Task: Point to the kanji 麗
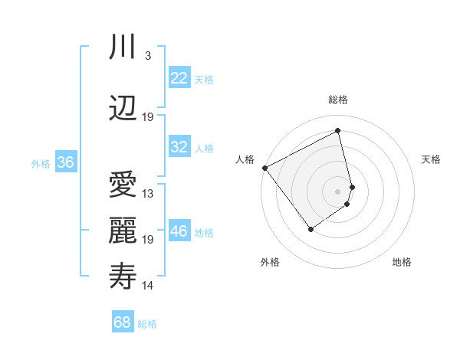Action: coord(123,231)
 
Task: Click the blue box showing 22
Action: coord(179,78)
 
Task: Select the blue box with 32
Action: coord(179,147)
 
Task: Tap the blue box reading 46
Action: coord(179,231)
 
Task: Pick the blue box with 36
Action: coord(66,162)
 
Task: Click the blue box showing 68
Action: coord(123,322)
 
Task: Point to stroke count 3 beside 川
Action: coord(147,56)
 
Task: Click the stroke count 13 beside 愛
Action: coord(148,194)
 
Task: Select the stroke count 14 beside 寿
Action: coord(148,286)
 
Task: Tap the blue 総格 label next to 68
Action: coord(147,324)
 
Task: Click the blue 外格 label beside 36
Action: coord(41,163)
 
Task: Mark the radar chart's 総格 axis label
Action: coord(338,100)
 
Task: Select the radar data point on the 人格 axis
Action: coord(264,168)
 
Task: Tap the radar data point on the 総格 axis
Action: coord(338,131)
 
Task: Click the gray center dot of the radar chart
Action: coord(338,191)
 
